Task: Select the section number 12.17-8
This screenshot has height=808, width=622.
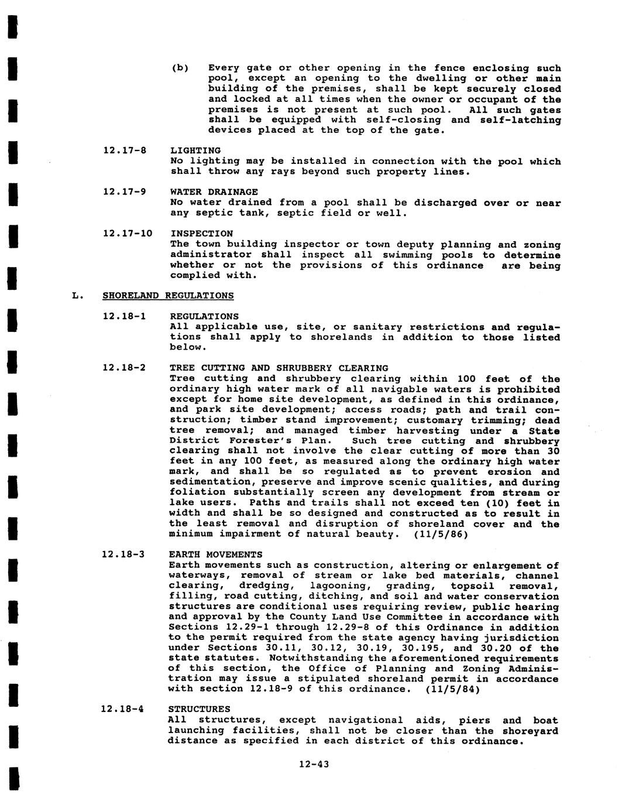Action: [x=124, y=150]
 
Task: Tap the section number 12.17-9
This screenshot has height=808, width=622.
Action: [x=124, y=191]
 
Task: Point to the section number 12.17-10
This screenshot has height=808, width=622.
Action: [x=127, y=233]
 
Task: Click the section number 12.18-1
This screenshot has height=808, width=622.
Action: [x=124, y=316]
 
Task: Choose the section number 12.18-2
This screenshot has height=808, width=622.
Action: [x=124, y=368]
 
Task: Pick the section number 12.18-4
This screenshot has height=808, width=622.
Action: [x=123, y=709]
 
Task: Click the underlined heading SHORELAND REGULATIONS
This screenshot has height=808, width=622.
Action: [x=168, y=296]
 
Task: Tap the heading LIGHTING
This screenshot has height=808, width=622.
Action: [x=195, y=150]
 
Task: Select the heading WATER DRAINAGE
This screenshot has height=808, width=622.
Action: [x=214, y=191]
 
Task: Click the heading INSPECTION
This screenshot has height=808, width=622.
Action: [x=201, y=233]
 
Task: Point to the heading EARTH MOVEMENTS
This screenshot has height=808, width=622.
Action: [x=215, y=554]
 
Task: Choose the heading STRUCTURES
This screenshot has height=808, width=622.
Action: [x=199, y=709]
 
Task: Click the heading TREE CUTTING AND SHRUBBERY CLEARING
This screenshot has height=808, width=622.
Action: [x=279, y=368]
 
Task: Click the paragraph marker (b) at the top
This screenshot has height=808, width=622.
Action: [x=180, y=68]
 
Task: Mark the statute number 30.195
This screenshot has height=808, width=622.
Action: [x=422, y=648]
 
